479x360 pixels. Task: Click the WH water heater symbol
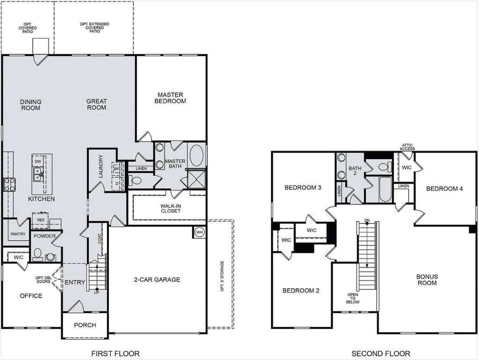point(199,232)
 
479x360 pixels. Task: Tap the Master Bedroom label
point(170,98)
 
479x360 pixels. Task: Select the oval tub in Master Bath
point(197,155)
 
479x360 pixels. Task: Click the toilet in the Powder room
point(37,255)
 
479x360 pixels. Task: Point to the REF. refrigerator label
point(41,220)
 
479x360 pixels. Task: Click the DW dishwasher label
point(38,161)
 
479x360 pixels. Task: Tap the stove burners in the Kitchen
point(9,184)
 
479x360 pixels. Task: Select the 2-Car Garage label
point(157,280)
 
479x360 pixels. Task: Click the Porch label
point(85,325)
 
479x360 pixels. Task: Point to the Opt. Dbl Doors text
point(44,280)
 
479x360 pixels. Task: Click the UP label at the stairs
point(96,293)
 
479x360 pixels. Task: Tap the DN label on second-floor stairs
point(367,221)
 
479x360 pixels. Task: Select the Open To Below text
point(353,298)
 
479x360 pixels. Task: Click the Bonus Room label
point(427,280)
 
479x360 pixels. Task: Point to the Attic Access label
point(407,147)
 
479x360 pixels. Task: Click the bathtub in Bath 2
point(385,190)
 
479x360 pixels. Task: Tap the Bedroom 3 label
point(303,187)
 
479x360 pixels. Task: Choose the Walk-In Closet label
point(170,209)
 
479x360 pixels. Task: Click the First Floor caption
point(116,353)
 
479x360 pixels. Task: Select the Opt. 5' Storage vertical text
point(222,276)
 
